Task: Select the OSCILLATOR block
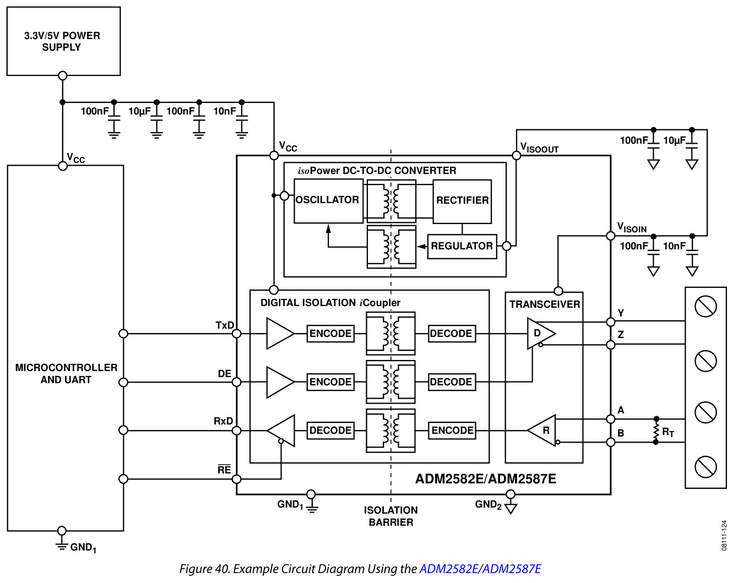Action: click(329, 201)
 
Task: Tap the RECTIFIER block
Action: click(462, 201)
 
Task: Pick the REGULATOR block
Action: click(462, 247)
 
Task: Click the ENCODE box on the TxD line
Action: click(330, 334)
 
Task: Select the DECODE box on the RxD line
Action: click(330, 431)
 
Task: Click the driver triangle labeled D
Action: click(541, 334)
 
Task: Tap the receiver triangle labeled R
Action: click(541, 431)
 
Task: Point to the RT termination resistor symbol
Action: click(656, 431)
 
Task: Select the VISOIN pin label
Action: click(632, 227)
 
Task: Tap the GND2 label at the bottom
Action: click(489, 504)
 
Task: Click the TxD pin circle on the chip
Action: click(237, 334)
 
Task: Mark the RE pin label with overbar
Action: click(224, 469)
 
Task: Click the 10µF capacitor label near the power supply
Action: click(139, 111)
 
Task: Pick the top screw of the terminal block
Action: click(706, 307)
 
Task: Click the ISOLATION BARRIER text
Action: click(391, 516)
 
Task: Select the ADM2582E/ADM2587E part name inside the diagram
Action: click(486, 479)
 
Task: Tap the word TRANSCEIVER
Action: click(545, 304)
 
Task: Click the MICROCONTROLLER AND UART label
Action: click(66, 374)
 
